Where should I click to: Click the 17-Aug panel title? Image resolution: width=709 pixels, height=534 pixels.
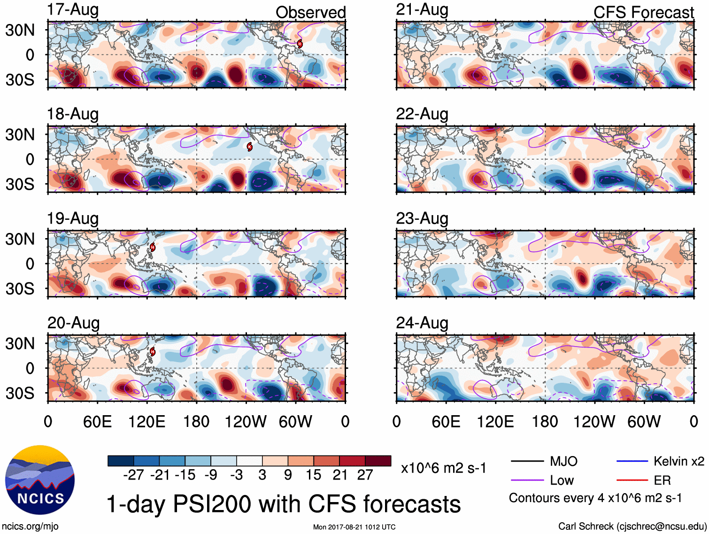pos(73,10)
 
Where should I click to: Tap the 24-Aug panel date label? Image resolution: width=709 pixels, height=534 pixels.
pos(422,323)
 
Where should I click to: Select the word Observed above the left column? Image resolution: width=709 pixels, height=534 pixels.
pos(310,13)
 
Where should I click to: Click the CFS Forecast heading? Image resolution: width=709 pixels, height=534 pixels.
pos(643,13)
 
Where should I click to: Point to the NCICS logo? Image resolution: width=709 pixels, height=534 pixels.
pos(40,480)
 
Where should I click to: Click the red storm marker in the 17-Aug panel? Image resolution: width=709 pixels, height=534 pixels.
pos(300,44)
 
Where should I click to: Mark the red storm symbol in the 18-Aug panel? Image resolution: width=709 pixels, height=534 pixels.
pos(250,147)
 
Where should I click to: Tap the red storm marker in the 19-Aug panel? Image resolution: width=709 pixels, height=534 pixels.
pos(152,247)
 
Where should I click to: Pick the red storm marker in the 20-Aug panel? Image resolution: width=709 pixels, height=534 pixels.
pos(152,351)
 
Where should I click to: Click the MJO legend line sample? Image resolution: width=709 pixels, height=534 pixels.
pos(527,462)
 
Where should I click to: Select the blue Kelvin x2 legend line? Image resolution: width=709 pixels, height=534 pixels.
pos(632,462)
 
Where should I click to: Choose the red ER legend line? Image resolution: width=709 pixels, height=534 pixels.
pos(632,480)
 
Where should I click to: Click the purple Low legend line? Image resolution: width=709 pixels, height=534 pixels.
pos(527,480)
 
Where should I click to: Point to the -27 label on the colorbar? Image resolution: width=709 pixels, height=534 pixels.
pos(133,475)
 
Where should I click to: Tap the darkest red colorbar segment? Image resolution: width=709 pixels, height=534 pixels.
pos(378,461)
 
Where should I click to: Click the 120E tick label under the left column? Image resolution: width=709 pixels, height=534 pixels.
pos(146,422)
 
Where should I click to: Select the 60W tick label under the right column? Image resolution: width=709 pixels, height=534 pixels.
pos(644,422)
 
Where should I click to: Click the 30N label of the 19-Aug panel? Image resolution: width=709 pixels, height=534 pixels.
pos(20,239)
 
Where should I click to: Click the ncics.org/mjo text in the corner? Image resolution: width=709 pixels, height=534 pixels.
pos(30,526)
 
